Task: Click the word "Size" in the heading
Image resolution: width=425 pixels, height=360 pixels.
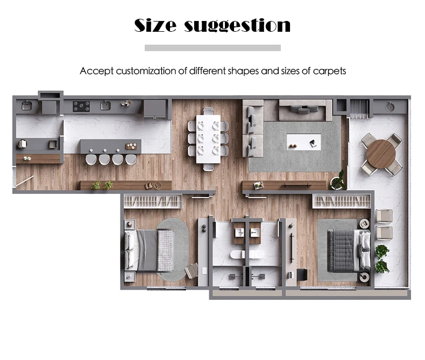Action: click(155, 25)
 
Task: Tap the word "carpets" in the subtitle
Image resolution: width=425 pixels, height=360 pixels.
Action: click(329, 71)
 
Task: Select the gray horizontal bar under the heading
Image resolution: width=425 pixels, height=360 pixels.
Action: click(212, 48)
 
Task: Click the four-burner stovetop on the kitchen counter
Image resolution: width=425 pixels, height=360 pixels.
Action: click(81, 106)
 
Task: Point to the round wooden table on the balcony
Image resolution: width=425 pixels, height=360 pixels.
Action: click(381, 154)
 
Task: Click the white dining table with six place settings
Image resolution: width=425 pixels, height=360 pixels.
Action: click(208, 139)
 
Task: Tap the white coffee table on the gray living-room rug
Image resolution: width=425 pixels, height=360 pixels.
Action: click(304, 142)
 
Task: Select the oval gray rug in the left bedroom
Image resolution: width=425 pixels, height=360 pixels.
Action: click(173, 249)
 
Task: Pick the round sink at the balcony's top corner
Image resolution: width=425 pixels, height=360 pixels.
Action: click(389, 107)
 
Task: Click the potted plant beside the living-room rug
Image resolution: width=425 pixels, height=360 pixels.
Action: click(338, 181)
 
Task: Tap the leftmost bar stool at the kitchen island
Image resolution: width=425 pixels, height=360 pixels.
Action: click(91, 159)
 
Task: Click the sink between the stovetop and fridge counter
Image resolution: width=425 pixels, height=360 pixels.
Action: click(105, 105)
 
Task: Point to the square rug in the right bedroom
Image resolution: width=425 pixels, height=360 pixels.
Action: click(337, 250)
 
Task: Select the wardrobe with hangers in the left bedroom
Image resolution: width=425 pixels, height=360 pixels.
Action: click(153, 201)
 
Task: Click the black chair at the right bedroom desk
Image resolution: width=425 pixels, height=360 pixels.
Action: click(302, 274)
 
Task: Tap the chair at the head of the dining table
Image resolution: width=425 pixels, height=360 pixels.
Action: click(208, 111)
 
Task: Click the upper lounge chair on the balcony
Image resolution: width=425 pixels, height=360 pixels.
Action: click(384, 216)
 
